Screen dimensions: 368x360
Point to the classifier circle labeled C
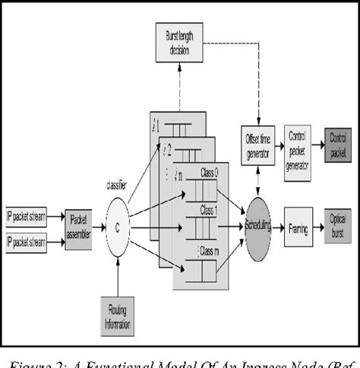pyautogui.click(x=118, y=225)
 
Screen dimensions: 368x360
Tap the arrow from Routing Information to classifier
pyautogui.click(x=118, y=274)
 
